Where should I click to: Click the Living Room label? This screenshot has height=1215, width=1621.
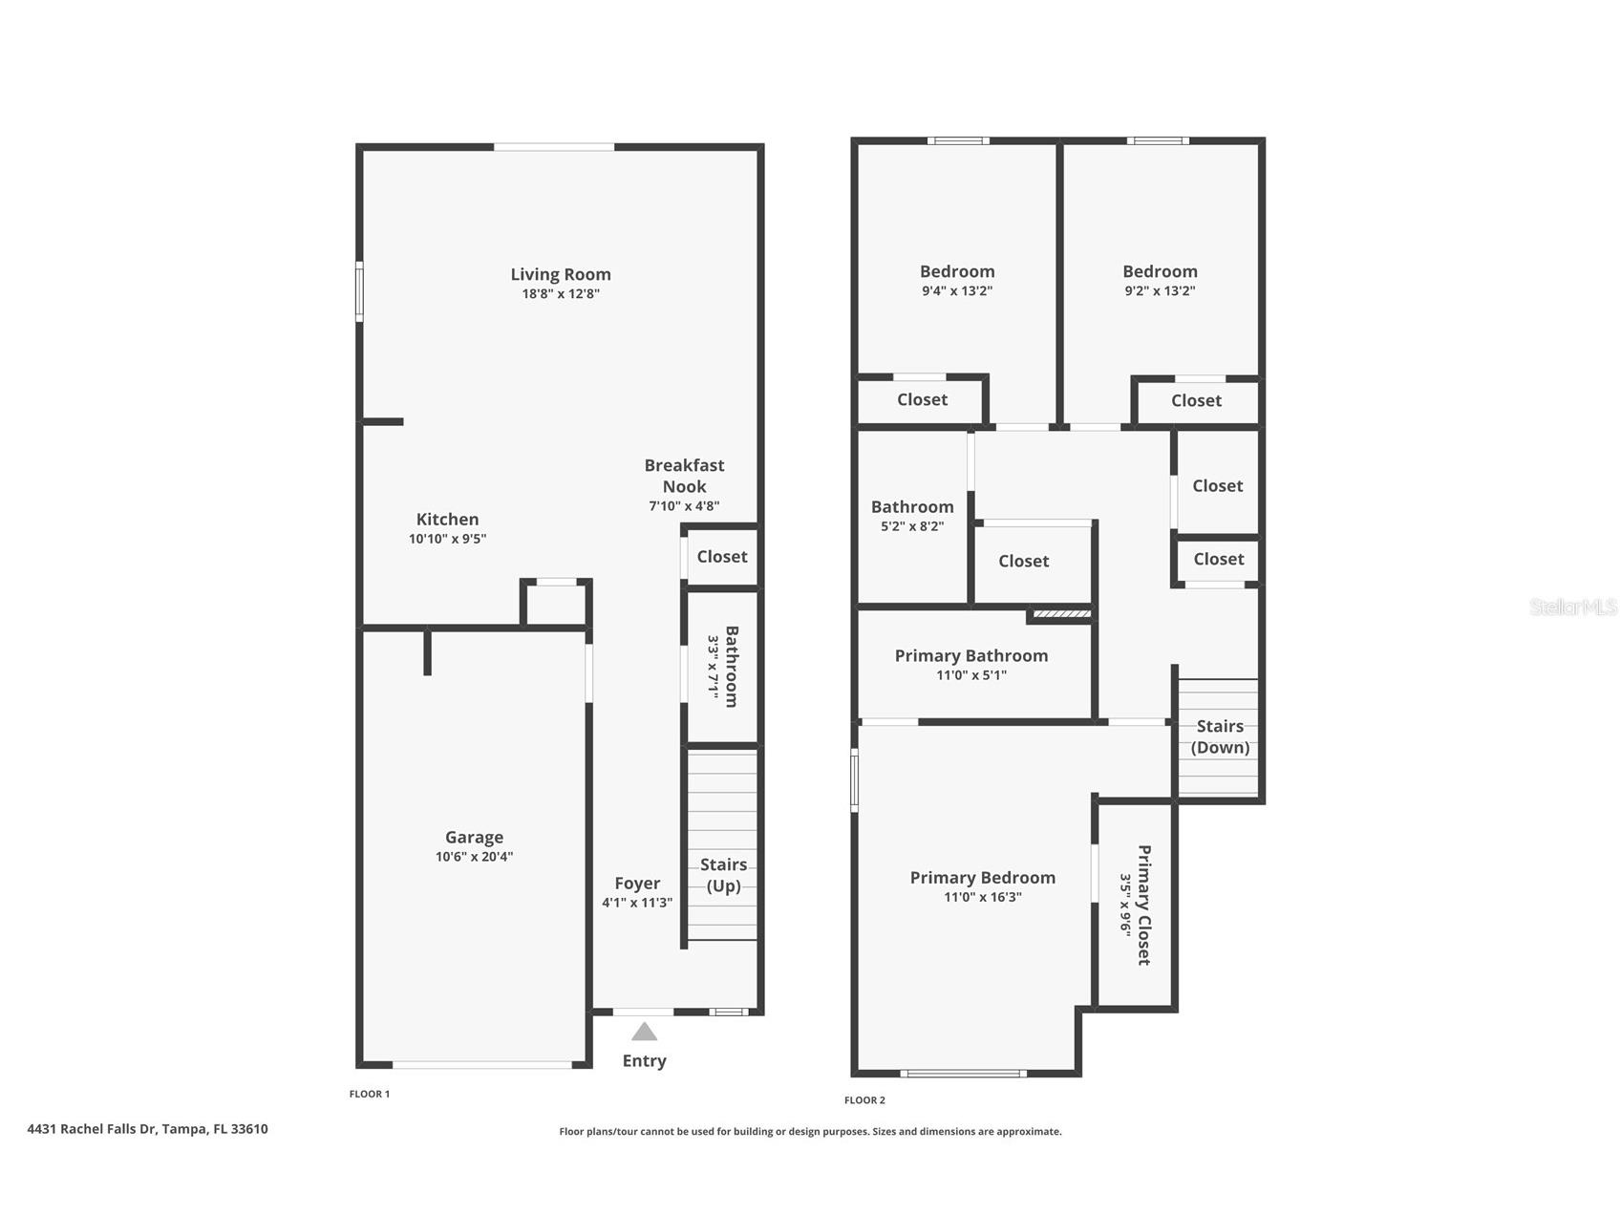tap(560, 274)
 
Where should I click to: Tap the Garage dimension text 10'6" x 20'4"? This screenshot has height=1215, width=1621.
tap(474, 857)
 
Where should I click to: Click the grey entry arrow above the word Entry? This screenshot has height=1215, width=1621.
tap(645, 1032)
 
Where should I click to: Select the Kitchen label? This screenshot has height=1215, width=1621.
tap(447, 520)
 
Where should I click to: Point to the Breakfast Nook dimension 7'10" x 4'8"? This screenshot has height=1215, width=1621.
tap(684, 506)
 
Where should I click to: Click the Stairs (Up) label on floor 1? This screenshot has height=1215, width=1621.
tap(723, 875)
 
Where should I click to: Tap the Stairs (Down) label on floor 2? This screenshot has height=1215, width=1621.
tap(1220, 736)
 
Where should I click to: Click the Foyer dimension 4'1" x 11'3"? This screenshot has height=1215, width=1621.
tap(637, 903)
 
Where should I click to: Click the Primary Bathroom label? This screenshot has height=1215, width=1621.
tap(970, 655)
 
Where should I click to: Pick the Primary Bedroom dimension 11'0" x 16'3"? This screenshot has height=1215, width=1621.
tap(982, 897)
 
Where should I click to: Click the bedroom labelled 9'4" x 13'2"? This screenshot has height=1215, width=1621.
tap(957, 271)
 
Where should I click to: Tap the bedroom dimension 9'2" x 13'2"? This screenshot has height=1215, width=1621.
tap(1160, 291)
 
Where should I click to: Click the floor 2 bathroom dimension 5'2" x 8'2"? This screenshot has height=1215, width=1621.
tap(912, 526)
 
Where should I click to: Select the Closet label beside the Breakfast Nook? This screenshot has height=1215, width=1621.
tap(722, 557)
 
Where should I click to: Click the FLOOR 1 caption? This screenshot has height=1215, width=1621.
tap(370, 1094)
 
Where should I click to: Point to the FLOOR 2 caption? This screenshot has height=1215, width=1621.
tap(864, 1100)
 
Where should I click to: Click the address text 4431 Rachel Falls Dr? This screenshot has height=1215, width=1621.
tap(147, 1129)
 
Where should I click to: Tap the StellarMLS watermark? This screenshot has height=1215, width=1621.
tap(1573, 607)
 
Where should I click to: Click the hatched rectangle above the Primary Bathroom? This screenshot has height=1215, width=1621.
tap(1062, 614)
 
